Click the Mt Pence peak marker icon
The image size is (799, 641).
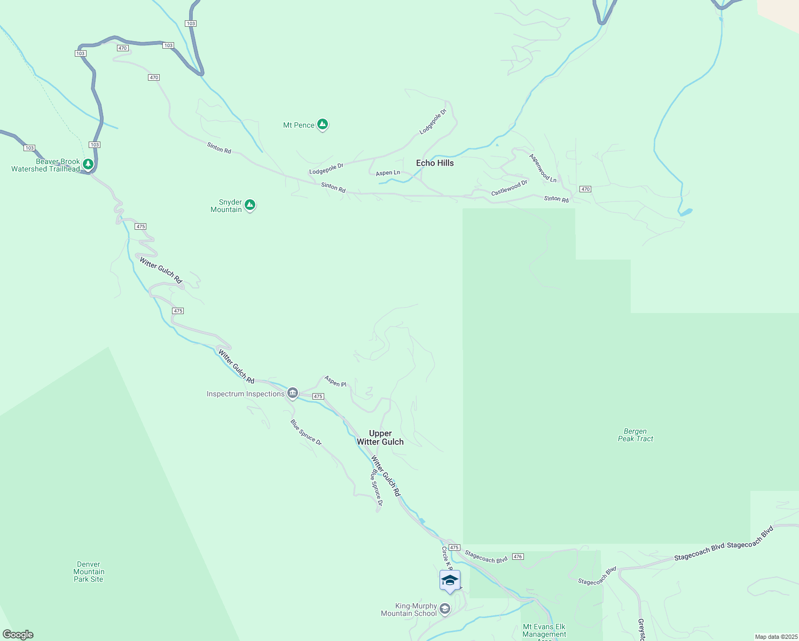(322, 124)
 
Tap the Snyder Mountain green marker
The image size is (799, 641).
(249, 205)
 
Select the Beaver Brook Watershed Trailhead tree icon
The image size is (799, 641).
(88, 164)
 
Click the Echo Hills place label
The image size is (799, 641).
(435, 163)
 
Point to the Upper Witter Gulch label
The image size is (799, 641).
(380, 437)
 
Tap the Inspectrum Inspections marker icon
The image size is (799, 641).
(292, 394)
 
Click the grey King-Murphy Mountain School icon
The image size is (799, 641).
(444, 608)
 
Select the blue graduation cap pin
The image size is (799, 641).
(450, 581)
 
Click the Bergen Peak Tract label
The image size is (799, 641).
(636, 435)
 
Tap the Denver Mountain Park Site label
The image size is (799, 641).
(89, 572)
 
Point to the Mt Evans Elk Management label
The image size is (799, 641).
(544, 631)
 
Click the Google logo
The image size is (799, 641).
(18, 635)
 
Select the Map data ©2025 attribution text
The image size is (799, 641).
(775, 637)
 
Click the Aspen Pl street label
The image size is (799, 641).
(335, 381)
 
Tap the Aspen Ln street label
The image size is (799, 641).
(388, 173)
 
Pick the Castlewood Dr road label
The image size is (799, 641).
(509, 187)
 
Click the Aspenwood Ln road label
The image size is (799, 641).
(543, 168)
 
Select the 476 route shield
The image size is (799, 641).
(517, 557)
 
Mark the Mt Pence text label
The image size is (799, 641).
(299, 125)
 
